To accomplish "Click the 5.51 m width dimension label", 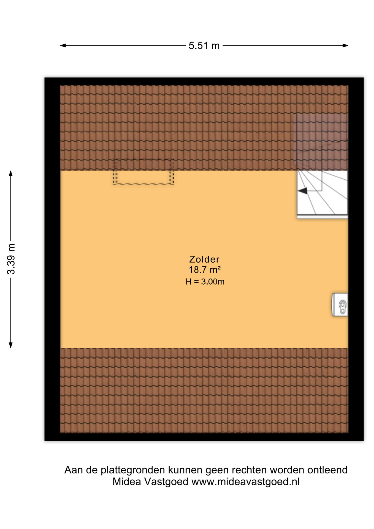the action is tap(204, 46).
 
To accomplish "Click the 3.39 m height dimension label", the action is tap(11, 259).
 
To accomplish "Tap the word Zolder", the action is tap(204, 259).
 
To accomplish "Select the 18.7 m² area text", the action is tap(205, 269).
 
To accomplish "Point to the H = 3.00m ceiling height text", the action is tap(205, 282).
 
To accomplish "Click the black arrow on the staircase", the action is tap(303, 191).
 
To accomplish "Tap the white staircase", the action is tap(322, 195).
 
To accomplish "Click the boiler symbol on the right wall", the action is tap(340, 304).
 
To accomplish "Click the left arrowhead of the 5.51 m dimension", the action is tap(63, 45).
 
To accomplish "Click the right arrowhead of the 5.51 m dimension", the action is tap(346, 45).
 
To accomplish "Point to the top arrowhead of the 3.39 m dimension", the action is tap(11, 173).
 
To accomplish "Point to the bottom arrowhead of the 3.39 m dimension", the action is tap(11, 345).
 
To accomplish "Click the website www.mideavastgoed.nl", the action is tap(245, 482).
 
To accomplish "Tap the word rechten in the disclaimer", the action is tap(249, 470).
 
